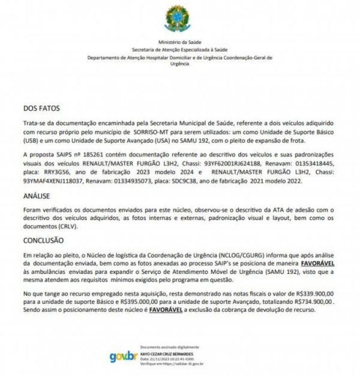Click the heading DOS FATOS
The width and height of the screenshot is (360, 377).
tap(42, 108)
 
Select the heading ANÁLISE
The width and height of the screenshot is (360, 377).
tap(36, 196)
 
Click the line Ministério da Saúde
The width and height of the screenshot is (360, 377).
tap(180, 43)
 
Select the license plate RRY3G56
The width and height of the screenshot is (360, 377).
tap(53, 172)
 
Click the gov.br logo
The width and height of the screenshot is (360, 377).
tap(123, 356)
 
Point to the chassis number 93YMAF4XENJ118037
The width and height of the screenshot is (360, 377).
tap(54, 181)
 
